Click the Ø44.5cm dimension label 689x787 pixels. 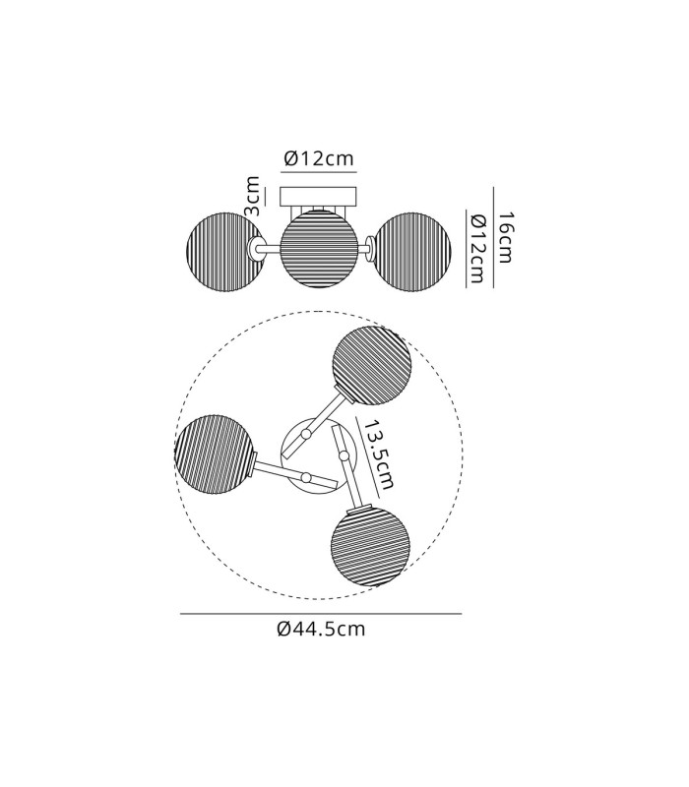[x=321, y=628]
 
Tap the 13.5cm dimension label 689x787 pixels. [x=379, y=454]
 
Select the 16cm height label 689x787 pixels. [x=504, y=237]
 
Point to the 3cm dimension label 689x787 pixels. [x=253, y=196]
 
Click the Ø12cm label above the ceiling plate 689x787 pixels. [x=319, y=158]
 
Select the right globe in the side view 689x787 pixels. [x=411, y=252]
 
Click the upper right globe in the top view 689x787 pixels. [x=372, y=365]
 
